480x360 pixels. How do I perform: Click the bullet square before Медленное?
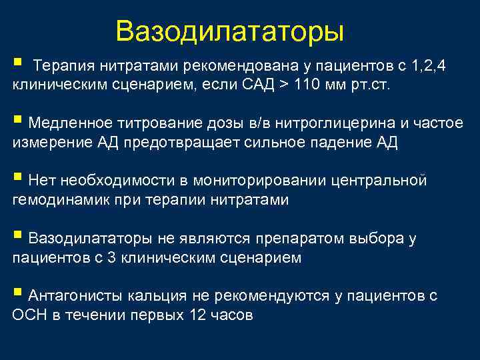pyautogui.click(x=18, y=121)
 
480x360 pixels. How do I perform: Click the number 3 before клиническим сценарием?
pyautogui.click(x=112, y=257)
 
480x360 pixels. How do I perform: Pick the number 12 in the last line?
pyautogui.click(x=194, y=315)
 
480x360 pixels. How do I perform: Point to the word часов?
pyautogui.click(x=231, y=315)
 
